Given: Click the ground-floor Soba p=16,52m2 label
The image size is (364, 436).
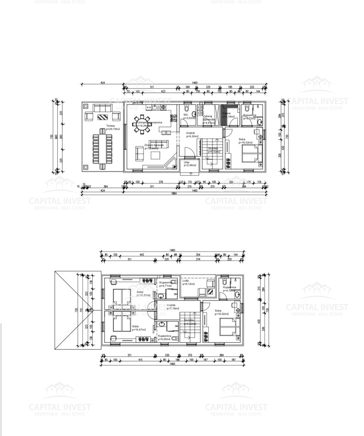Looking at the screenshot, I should (246, 141).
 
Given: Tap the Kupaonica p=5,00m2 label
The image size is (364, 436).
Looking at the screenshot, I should (165, 337).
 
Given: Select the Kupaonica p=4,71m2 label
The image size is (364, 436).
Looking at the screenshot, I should (166, 283).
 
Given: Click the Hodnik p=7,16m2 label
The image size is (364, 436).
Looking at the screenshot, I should (173, 306).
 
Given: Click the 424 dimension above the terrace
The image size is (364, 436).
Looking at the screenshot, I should (102, 83).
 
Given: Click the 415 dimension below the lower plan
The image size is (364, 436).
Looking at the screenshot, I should (140, 360).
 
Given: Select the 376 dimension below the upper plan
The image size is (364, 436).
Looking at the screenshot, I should (161, 182).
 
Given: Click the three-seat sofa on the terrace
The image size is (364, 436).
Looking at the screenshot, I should (103, 108).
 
